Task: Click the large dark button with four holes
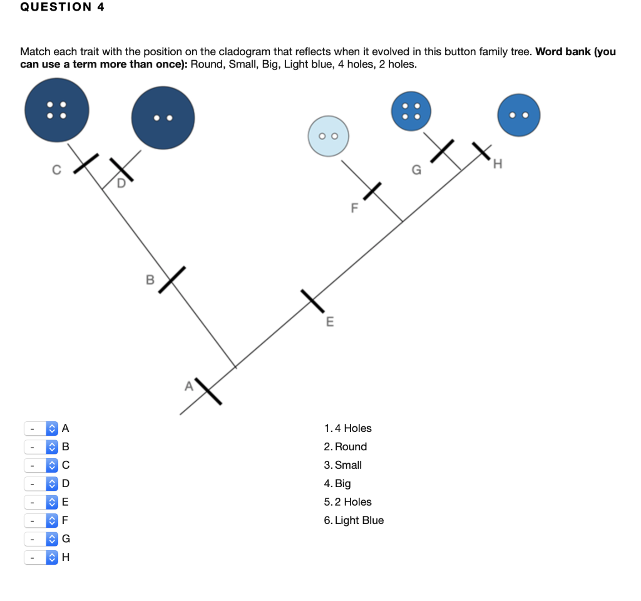click(56, 110)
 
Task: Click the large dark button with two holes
click(163, 118)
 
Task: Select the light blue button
click(328, 136)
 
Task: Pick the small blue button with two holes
click(518, 115)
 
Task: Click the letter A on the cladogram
click(188, 386)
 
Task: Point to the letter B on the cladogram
click(150, 279)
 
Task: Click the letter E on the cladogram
click(330, 322)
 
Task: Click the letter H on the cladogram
click(498, 165)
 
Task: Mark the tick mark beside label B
click(172, 279)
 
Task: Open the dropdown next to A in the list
click(41, 429)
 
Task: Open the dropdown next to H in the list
click(41, 557)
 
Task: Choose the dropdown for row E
click(41, 502)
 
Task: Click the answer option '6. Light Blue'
click(354, 520)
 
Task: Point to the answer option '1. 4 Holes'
click(348, 428)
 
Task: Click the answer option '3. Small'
click(343, 465)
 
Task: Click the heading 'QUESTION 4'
click(62, 8)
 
